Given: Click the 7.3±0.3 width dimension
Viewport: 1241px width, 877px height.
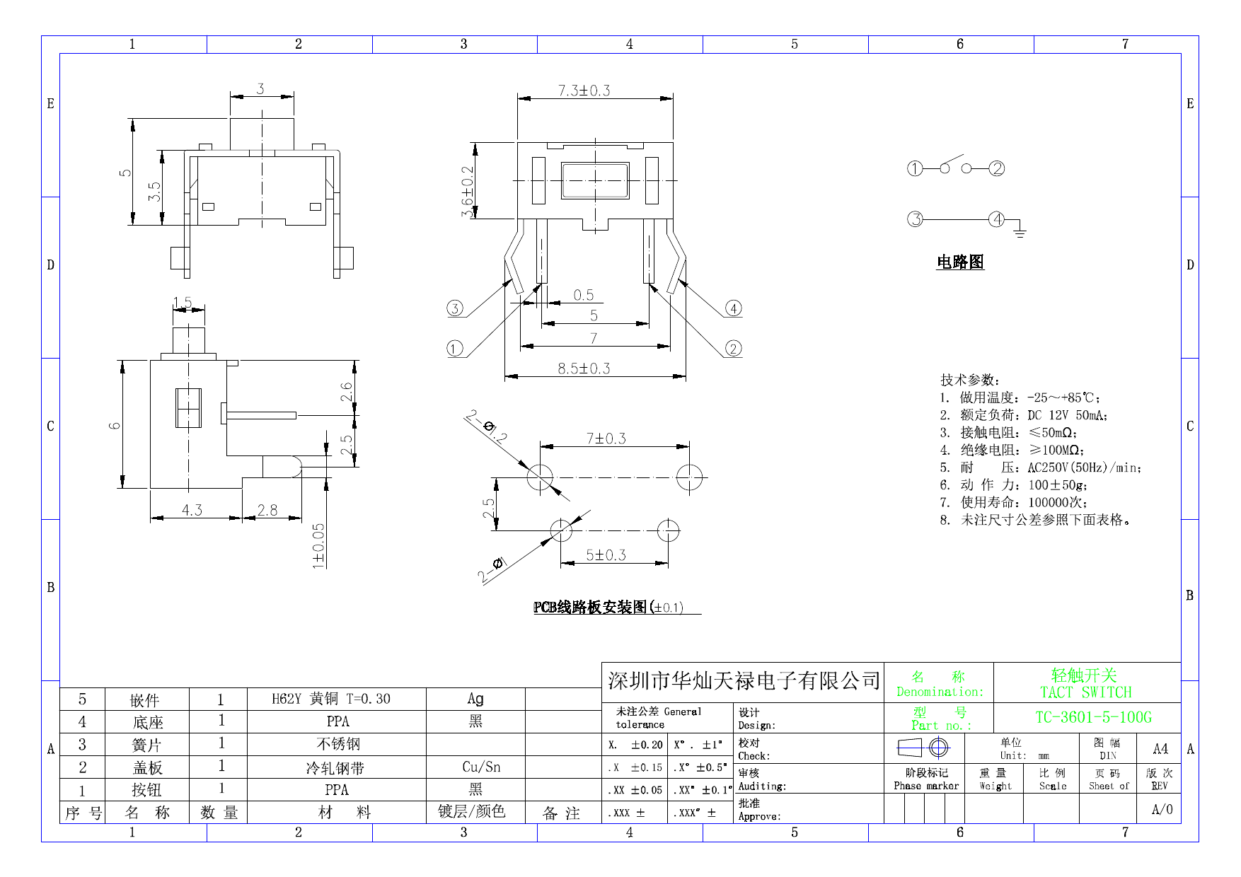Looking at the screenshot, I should [x=584, y=91].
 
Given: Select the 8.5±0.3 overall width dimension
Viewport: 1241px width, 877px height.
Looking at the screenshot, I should [x=584, y=368].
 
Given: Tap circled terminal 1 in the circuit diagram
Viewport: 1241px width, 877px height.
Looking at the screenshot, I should [x=915, y=168].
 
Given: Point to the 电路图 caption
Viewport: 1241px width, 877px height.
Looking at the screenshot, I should [x=960, y=262].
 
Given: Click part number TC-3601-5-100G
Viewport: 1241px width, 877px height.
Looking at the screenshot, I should [x=1093, y=717].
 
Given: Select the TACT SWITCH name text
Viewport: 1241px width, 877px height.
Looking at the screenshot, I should [x=1085, y=692].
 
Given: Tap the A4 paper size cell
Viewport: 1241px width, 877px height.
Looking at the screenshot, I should [x=1160, y=748].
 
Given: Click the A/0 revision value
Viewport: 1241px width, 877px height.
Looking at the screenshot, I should [x=1162, y=809].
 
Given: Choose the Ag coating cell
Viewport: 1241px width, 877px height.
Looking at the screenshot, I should [x=475, y=699].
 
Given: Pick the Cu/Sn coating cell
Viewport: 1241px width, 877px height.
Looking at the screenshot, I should [x=481, y=767].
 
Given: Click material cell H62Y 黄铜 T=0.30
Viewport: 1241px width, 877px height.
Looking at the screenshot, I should [x=331, y=699].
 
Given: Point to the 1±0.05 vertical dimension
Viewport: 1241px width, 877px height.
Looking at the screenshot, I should [x=319, y=545].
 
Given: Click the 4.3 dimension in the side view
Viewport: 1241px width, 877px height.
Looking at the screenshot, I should [x=192, y=510].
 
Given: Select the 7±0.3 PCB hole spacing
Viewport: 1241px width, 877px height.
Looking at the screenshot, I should [x=606, y=438].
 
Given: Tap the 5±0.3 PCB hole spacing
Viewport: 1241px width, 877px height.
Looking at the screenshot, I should [x=606, y=555].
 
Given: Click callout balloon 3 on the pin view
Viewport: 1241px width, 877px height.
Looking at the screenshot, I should [x=455, y=308].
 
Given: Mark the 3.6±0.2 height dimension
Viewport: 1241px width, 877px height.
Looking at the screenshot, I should [x=467, y=192].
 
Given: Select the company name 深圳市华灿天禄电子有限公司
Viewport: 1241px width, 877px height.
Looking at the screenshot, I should [x=744, y=681].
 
